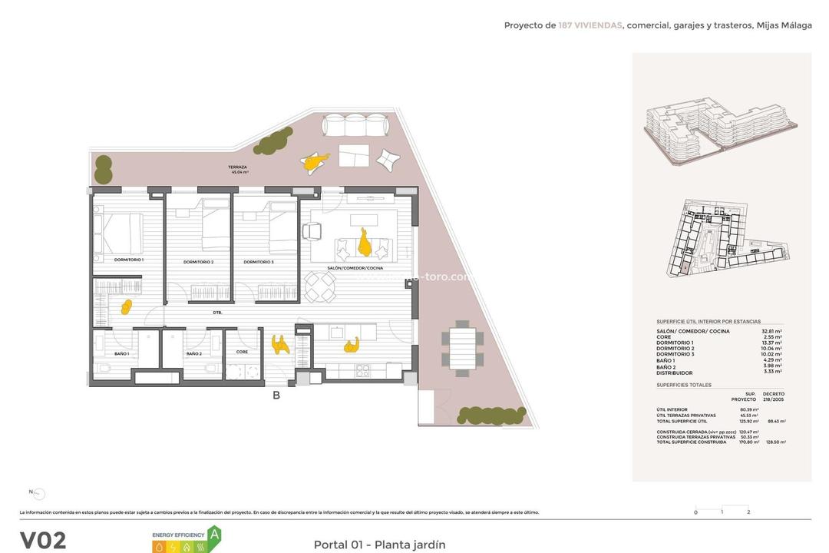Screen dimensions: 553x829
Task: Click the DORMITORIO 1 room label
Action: click(x=129, y=260)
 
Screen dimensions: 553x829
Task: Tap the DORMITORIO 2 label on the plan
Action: click(x=198, y=263)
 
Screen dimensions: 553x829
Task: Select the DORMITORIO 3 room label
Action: click(x=259, y=263)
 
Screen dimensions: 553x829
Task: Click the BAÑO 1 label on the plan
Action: click(x=121, y=353)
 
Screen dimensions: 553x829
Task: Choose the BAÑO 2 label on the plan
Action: click(x=193, y=353)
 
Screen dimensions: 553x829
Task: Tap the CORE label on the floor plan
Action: click(x=242, y=352)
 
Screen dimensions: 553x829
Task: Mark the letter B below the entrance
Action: click(x=276, y=396)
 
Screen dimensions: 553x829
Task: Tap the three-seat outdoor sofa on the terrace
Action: click(x=354, y=126)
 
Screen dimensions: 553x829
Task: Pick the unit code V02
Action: click(x=42, y=540)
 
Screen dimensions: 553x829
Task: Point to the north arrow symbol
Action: click(x=38, y=495)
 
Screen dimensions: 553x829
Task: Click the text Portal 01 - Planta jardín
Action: click(x=379, y=545)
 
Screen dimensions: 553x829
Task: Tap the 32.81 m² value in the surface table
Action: click(x=772, y=331)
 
